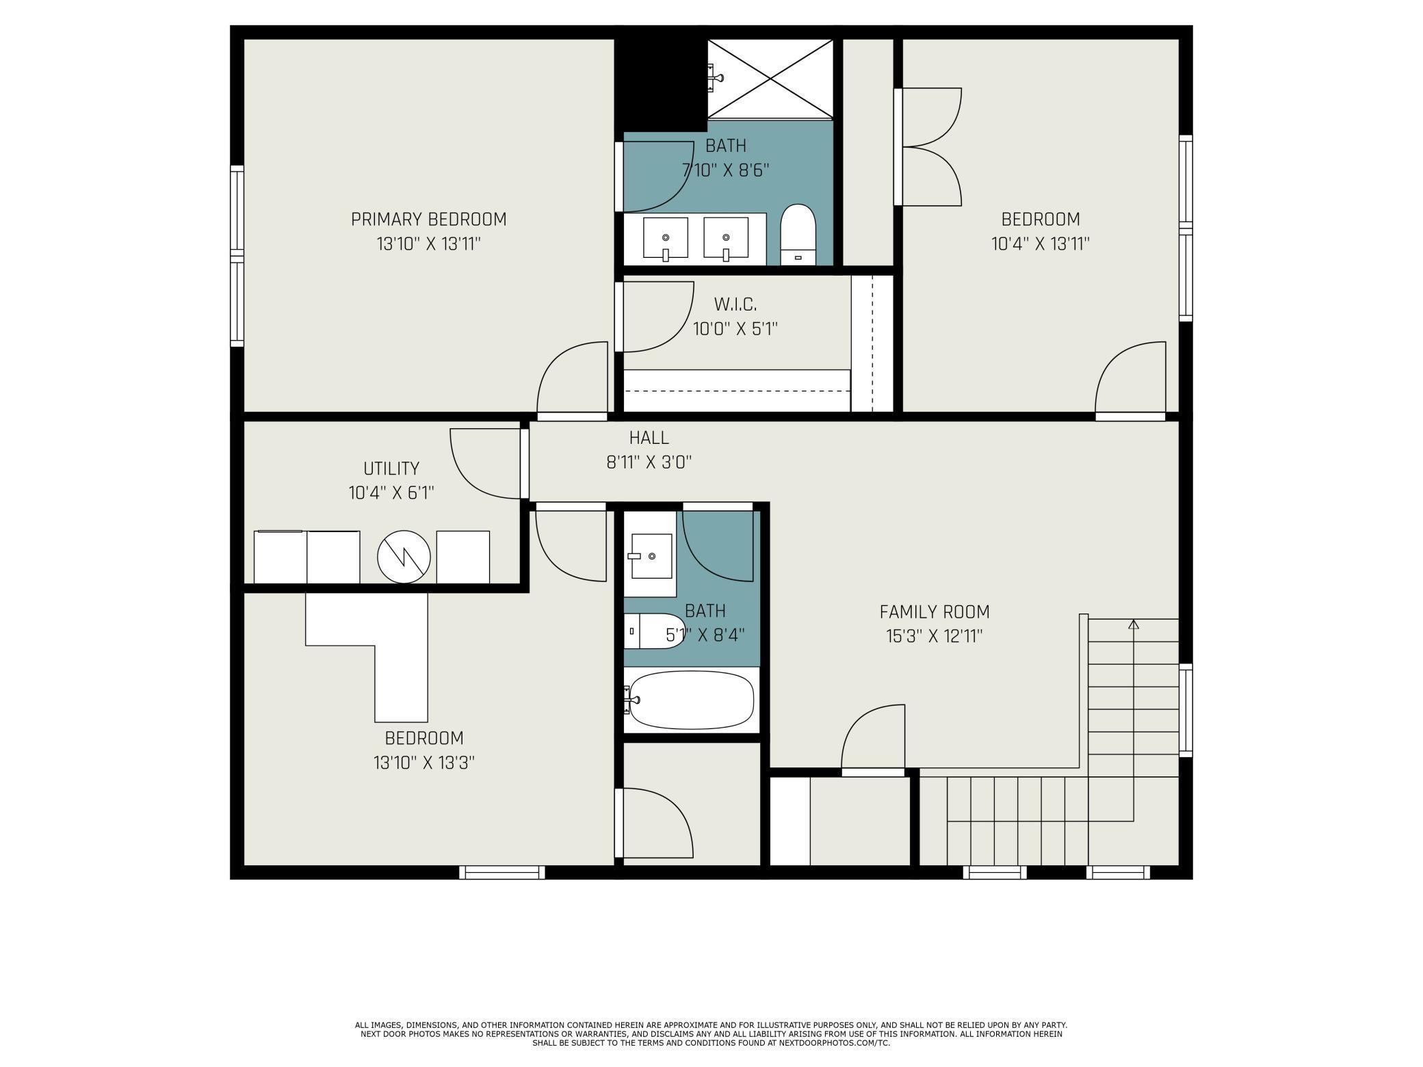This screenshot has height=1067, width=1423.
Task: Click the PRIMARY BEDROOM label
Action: tap(428, 220)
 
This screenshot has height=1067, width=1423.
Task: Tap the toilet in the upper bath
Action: tap(798, 234)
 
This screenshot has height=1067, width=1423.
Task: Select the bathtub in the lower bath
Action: tap(691, 700)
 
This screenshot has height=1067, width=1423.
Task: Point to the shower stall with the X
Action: tap(770, 79)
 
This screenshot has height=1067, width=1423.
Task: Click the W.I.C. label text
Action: tap(735, 304)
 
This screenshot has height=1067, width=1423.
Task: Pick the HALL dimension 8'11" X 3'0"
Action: tap(649, 462)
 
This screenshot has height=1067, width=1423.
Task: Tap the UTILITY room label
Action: tap(391, 469)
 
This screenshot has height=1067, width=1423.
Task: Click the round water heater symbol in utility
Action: tap(404, 557)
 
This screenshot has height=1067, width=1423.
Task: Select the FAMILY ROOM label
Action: tap(935, 611)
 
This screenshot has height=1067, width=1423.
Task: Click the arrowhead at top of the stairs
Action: tap(1134, 623)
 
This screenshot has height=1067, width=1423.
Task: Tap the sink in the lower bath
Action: tap(650, 555)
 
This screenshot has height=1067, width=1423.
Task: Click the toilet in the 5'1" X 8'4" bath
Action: tap(654, 631)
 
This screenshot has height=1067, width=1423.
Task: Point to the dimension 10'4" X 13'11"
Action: tap(1041, 244)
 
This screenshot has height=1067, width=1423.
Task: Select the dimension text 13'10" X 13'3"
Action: tap(424, 763)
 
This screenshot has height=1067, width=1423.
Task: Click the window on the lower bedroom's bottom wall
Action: tap(501, 872)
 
